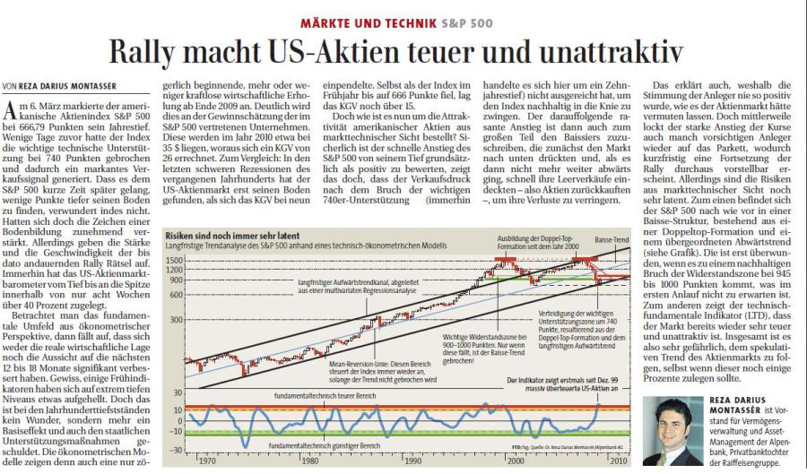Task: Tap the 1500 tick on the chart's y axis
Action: click(x=174, y=257)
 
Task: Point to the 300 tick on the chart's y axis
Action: click(x=178, y=319)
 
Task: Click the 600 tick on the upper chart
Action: click(x=178, y=292)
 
